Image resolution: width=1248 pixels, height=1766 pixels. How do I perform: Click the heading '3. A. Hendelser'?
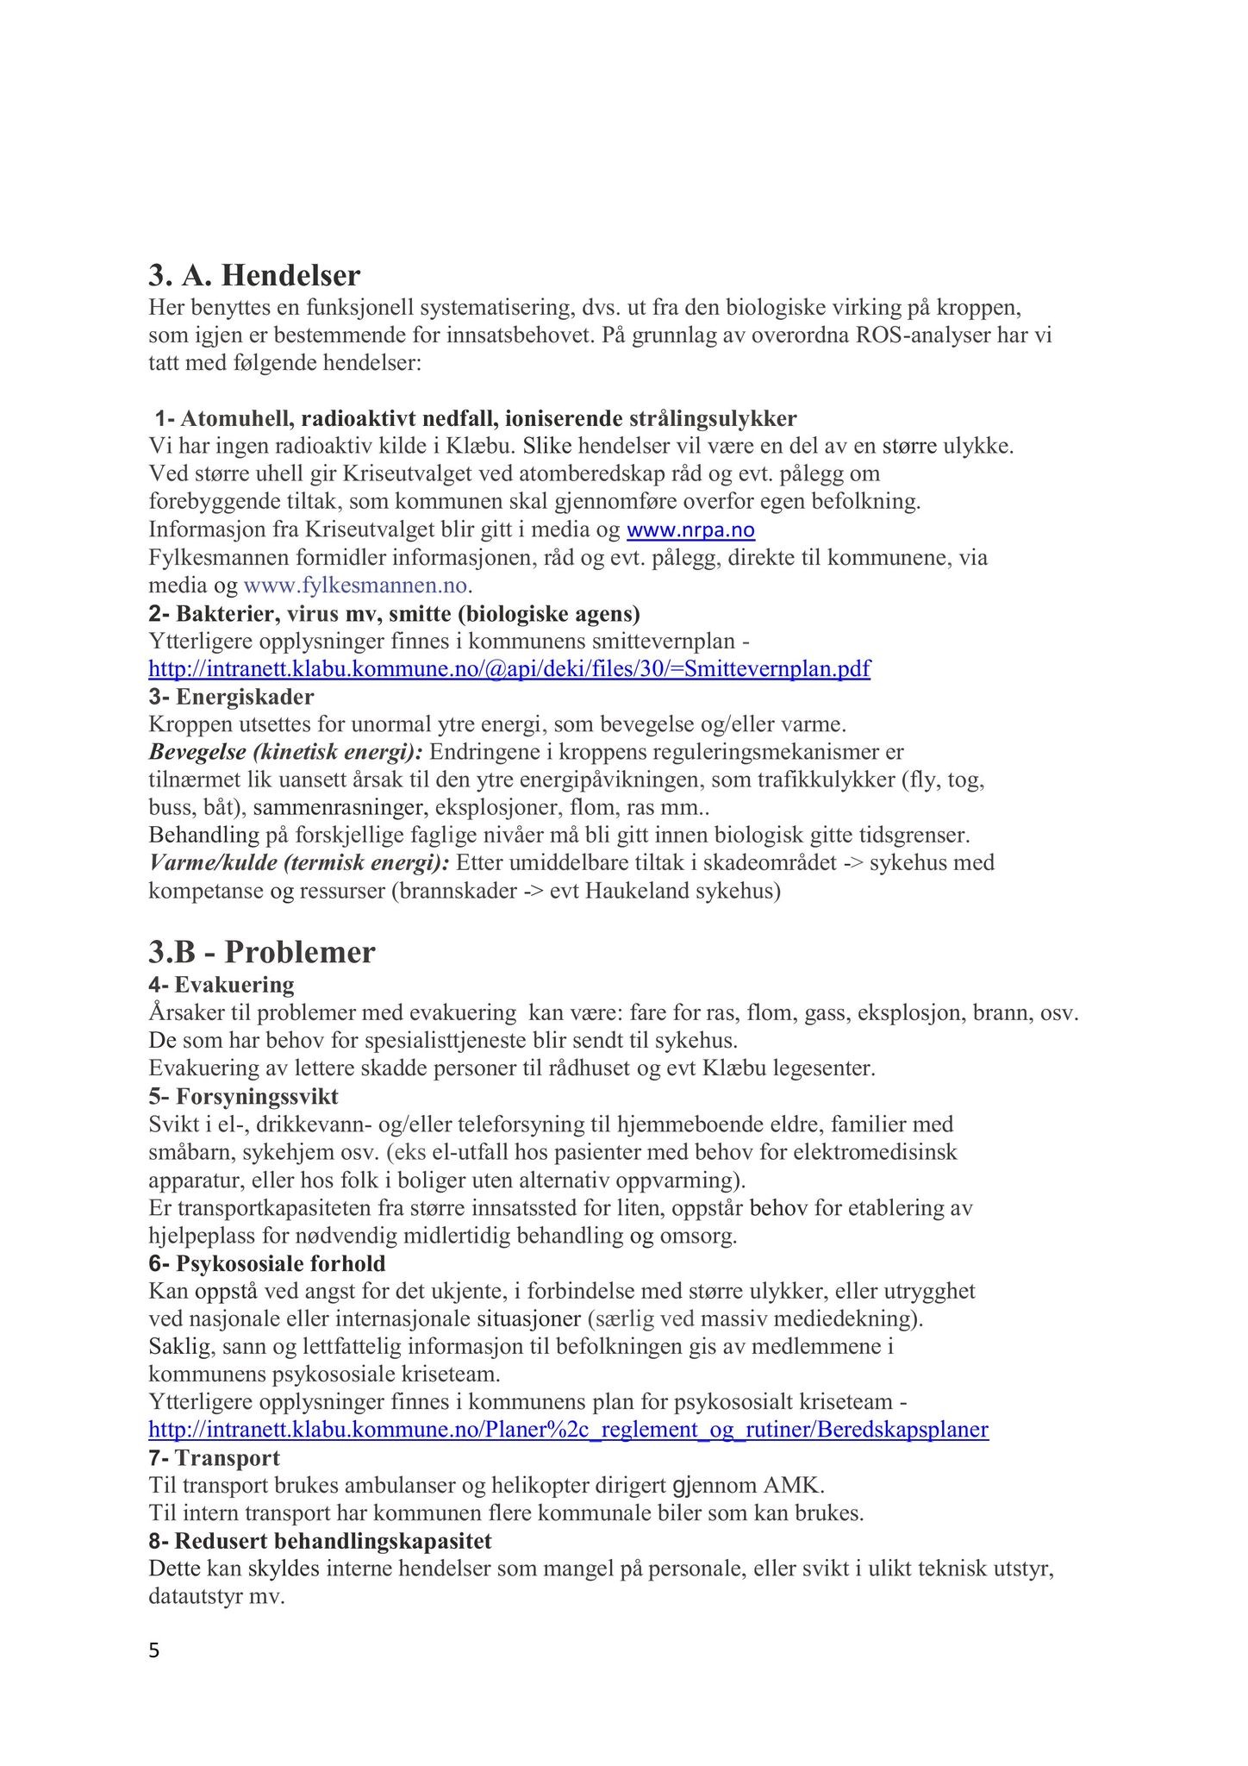[x=254, y=276]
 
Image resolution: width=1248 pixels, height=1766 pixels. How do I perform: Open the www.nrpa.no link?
[x=690, y=529]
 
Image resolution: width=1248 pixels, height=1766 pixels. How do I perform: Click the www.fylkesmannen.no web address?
[x=356, y=586]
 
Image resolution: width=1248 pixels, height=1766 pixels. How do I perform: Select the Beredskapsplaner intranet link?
[x=568, y=1430]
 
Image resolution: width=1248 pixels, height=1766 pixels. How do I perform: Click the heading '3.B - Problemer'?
[x=262, y=952]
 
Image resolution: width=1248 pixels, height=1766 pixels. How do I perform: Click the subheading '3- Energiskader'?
[x=231, y=696]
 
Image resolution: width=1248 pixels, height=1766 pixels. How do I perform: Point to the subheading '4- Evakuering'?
[x=222, y=985]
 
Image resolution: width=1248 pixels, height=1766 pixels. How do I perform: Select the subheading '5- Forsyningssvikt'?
[x=243, y=1097]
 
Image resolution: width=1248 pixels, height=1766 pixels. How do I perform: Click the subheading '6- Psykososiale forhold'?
[x=267, y=1264]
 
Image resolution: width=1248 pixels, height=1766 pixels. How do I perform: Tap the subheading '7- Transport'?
[x=215, y=1458]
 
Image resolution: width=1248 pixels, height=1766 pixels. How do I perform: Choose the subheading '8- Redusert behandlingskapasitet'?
[x=320, y=1541]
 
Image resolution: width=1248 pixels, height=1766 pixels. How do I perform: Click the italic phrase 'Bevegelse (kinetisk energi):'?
[x=285, y=752]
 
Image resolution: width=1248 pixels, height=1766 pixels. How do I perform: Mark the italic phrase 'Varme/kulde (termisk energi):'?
[x=299, y=863]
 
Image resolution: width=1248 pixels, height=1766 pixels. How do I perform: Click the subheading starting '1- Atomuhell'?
[x=476, y=419]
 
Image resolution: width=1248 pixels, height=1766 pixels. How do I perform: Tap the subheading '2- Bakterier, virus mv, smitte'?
[x=394, y=614]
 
